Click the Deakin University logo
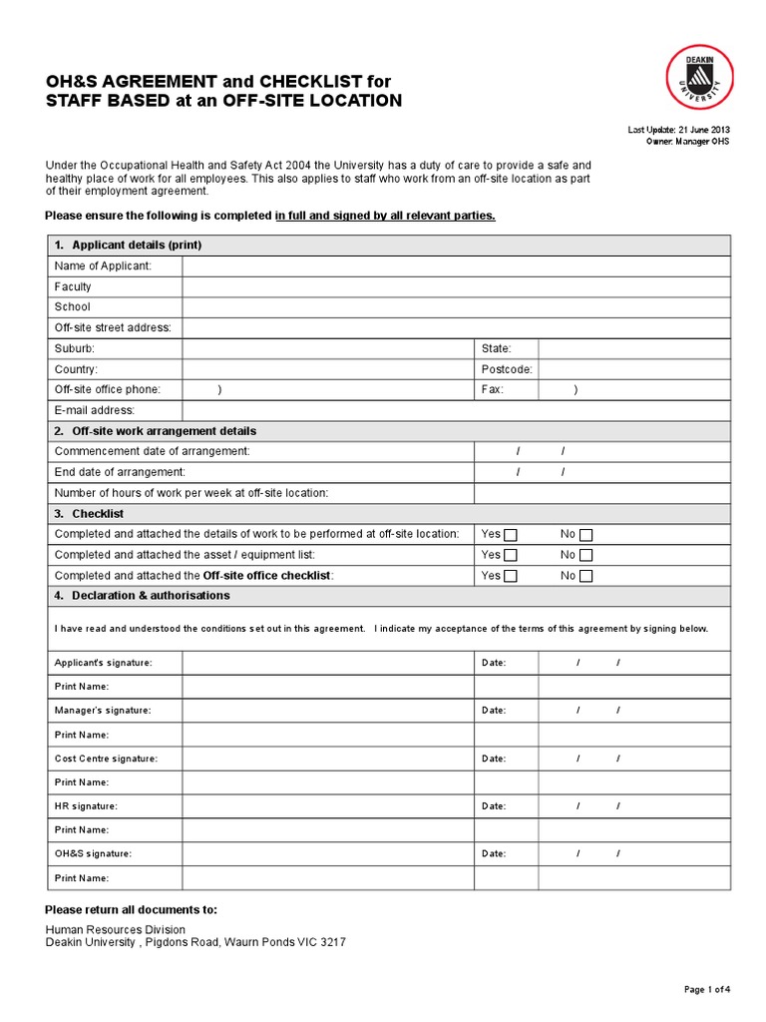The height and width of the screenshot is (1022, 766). tap(699, 78)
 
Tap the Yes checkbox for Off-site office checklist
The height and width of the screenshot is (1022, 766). tap(511, 576)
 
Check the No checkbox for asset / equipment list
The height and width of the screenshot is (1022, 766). tap(586, 555)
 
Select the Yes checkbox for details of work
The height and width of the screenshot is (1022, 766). tap(511, 534)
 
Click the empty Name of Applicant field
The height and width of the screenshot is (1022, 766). tap(456, 265)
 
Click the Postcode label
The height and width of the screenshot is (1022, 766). tap(507, 369)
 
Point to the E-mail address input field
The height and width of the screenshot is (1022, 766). tap(456, 410)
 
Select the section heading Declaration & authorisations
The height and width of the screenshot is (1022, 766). tap(150, 596)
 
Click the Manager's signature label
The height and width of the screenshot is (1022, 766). tap(103, 711)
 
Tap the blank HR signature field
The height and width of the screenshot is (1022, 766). tap(327, 806)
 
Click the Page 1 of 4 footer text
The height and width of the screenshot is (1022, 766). tap(707, 990)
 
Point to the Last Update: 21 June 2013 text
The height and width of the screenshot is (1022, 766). tap(678, 130)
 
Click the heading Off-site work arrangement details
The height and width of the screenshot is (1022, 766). tap(164, 431)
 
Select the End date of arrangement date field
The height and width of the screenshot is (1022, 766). tap(601, 472)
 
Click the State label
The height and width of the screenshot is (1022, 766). tap(496, 348)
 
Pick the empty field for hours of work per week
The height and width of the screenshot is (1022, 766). tap(601, 493)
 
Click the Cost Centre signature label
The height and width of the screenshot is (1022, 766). tap(106, 759)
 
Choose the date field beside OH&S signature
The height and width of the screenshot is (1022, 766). tap(634, 854)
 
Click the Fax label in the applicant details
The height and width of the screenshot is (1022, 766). tap(493, 390)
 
